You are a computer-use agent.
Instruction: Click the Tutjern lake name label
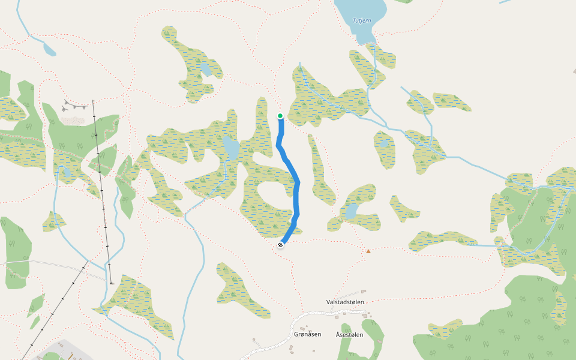(362, 20)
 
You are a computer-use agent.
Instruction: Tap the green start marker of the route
(280, 116)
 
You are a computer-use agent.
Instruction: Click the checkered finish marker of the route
(280, 244)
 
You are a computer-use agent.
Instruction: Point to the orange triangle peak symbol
(368, 251)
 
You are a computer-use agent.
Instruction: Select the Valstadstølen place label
(345, 302)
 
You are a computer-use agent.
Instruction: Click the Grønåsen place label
(308, 334)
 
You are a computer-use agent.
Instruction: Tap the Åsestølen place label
(349, 335)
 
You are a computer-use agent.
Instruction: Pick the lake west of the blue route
(231, 147)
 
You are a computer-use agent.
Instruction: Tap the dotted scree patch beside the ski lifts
(73, 121)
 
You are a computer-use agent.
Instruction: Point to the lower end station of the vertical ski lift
(112, 281)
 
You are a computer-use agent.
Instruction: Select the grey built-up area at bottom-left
(66, 351)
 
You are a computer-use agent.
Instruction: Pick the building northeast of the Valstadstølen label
(364, 293)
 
